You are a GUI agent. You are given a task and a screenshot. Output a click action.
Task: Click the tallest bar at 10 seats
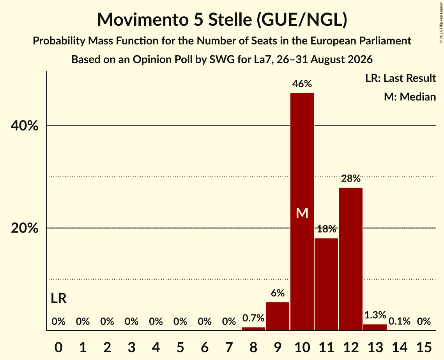point(302,212)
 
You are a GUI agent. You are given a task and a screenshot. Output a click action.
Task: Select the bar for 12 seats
point(351,259)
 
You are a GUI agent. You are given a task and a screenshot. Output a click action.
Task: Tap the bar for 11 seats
point(327,284)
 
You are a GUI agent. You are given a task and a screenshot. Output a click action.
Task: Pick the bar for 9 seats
point(278,316)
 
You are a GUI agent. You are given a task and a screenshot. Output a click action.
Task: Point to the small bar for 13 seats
point(375,327)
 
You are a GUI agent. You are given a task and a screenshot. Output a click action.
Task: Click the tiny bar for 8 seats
point(253,328)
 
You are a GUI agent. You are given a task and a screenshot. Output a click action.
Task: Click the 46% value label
point(302,84)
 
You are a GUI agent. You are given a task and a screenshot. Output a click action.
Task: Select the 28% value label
point(351,178)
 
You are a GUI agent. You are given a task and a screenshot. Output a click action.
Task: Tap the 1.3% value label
point(375,315)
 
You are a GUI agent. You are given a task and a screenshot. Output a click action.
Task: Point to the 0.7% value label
point(253,318)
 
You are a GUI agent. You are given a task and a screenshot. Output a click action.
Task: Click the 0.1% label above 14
point(400,321)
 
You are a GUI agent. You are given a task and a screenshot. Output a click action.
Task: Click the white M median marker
point(302,213)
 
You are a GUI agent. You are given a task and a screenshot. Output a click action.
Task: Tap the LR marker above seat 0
point(58,298)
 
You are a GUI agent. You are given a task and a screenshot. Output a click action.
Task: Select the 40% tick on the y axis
point(24,126)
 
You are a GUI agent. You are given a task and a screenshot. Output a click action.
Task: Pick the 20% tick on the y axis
point(24,228)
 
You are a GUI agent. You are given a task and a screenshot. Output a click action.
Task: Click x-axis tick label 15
point(424,347)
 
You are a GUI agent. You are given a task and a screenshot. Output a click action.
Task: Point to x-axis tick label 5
point(180,347)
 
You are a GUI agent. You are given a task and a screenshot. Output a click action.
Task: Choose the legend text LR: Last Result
point(401,78)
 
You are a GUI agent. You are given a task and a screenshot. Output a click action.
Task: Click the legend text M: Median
point(410,97)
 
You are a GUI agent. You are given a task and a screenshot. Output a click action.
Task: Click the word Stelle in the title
point(230,19)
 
